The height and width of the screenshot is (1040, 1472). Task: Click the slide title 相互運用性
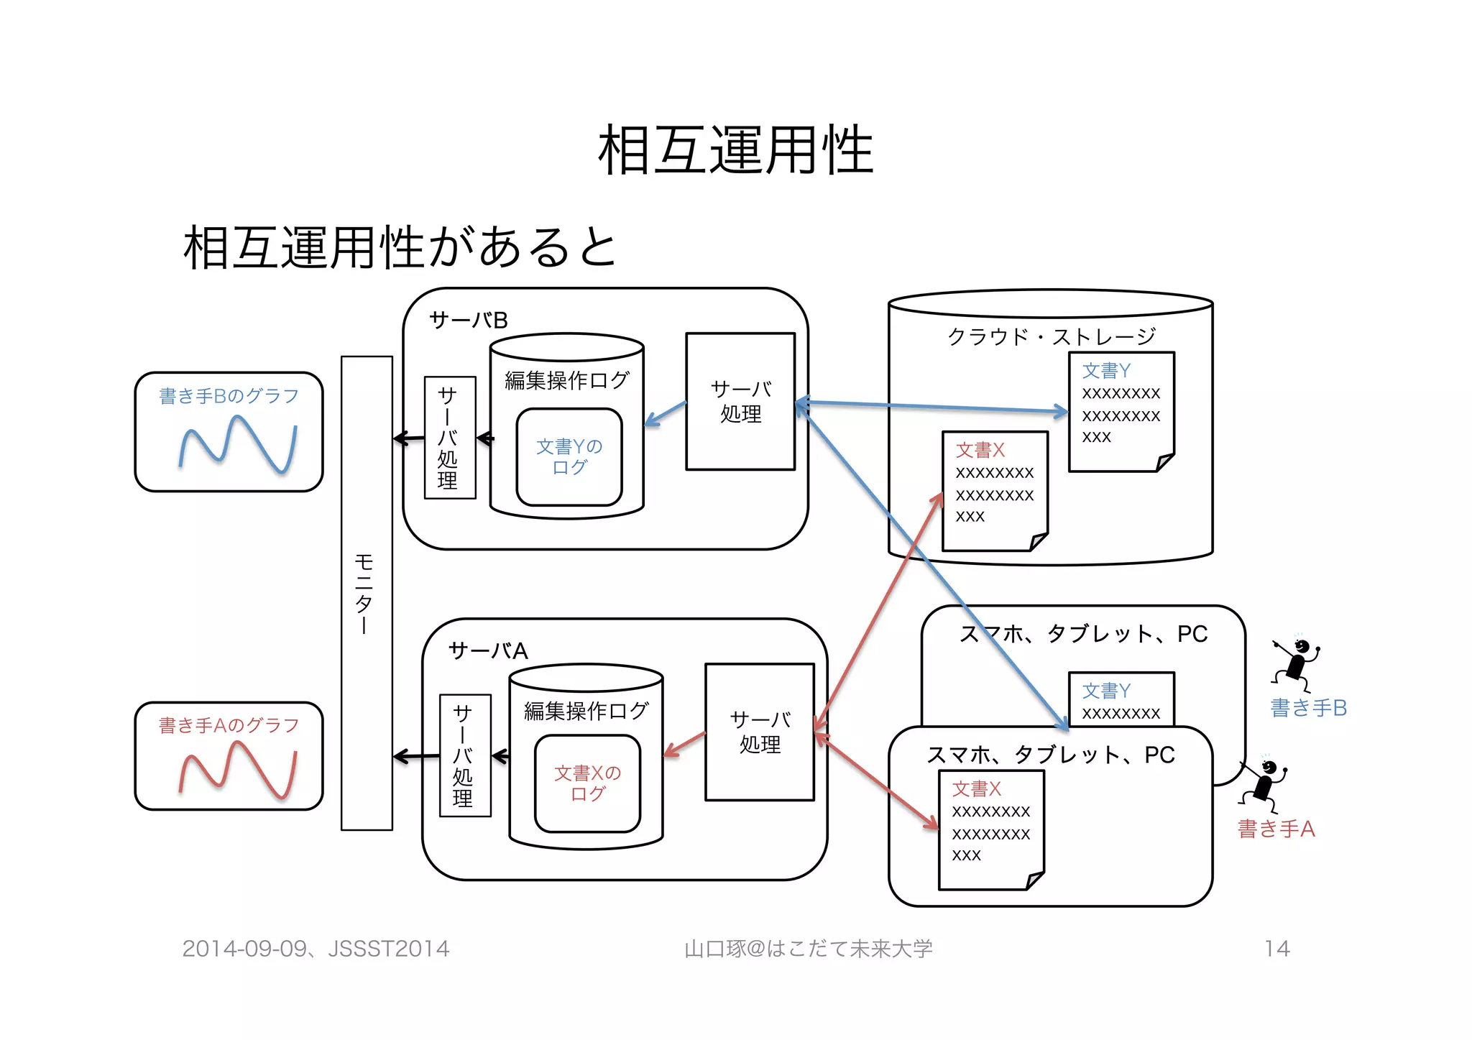click(x=735, y=151)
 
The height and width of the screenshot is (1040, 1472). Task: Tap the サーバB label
click(x=468, y=321)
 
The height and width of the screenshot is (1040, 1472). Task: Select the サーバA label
click(x=487, y=651)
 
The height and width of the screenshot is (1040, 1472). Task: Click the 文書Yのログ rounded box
click(x=569, y=457)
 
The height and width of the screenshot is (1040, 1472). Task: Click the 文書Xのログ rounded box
click(x=587, y=783)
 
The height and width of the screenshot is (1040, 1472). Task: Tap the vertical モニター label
click(x=365, y=593)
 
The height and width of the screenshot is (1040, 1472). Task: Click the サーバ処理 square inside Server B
click(x=740, y=402)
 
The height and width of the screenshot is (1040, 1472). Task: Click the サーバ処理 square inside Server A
click(x=760, y=732)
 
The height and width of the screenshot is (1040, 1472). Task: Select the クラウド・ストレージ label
click(x=1051, y=336)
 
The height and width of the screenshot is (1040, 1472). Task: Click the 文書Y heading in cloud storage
click(x=1106, y=371)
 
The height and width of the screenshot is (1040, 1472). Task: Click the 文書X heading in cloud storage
click(x=980, y=451)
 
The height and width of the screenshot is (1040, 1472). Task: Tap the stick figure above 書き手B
click(x=1296, y=663)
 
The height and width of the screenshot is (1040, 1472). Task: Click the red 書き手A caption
click(x=1276, y=829)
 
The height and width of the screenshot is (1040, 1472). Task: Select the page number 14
click(x=1276, y=949)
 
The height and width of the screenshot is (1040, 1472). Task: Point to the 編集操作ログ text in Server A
click(x=586, y=711)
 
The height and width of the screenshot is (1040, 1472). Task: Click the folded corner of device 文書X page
click(x=1035, y=880)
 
